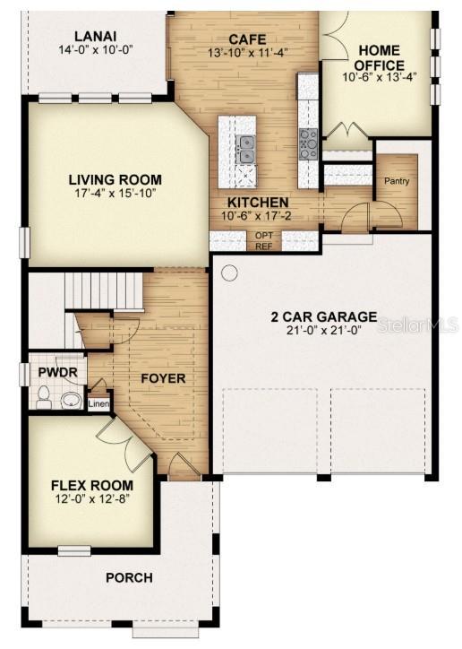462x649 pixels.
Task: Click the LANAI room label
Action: [96, 36]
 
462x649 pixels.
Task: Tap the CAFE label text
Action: [245, 39]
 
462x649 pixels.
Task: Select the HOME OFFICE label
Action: [379, 57]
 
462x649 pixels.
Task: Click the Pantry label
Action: [397, 181]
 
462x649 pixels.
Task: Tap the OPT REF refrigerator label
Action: [264, 240]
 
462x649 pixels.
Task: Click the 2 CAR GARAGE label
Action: [323, 317]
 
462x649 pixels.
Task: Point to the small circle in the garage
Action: [230, 273]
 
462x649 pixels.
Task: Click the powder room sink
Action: [71, 400]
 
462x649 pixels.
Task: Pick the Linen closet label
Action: [98, 404]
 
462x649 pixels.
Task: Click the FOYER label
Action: [163, 378]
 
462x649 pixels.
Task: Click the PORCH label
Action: [129, 577]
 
